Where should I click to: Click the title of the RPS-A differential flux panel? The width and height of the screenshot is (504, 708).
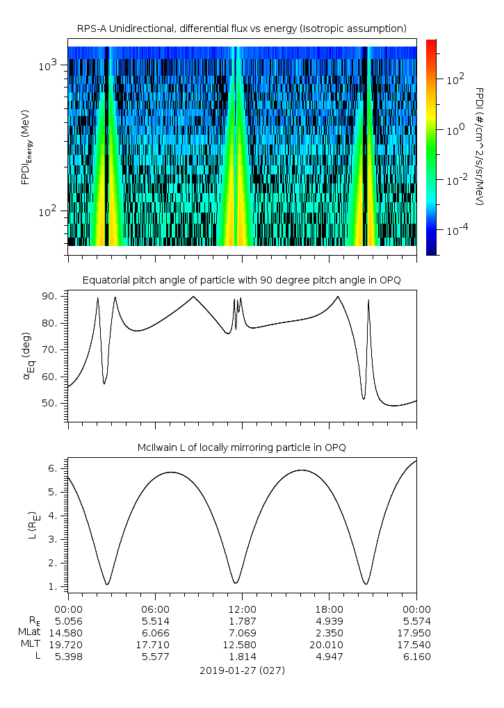tap(241, 28)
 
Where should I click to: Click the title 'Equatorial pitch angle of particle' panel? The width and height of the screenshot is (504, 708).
tap(241, 280)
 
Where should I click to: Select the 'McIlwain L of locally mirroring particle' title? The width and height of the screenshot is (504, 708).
tap(241, 447)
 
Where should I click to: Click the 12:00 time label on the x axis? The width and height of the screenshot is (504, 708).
tap(242, 608)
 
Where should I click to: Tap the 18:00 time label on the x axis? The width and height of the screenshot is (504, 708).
tap(329, 608)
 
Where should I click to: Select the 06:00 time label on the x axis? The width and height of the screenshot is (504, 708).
tap(155, 608)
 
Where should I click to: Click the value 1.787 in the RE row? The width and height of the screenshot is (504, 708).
tap(242, 620)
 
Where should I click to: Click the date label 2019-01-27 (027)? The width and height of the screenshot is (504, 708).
tap(241, 670)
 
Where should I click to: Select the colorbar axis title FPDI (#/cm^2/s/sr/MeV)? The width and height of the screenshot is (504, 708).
tap(480, 146)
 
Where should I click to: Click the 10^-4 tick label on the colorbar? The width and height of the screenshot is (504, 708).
tap(455, 230)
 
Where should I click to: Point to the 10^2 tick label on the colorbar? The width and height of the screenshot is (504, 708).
tap(455, 79)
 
